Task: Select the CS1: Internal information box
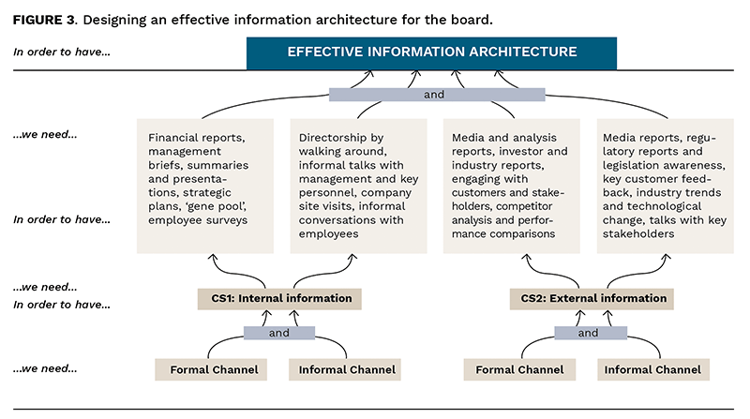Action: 279,299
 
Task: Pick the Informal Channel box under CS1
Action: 347,369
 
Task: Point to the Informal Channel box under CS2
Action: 652,369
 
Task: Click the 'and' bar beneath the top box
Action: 437,95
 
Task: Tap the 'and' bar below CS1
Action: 280,333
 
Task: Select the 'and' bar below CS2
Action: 588,333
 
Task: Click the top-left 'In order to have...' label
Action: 62,52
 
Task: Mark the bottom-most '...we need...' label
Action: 45,369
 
